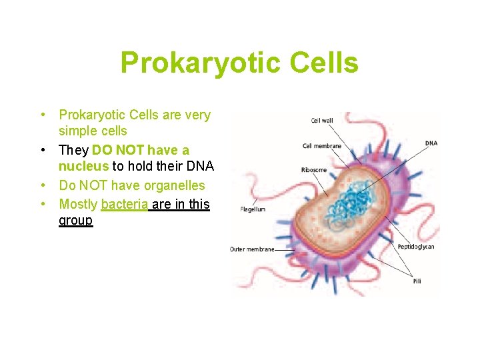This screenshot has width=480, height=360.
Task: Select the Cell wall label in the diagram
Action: pyautogui.click(x=322, y=121)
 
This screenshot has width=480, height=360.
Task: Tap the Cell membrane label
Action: pyautogui.click(x=321, y=146)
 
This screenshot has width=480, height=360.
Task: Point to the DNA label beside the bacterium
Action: pyautogui.click(x=431, y=143)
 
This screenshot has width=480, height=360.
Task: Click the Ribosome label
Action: pyautogui.click(x=314, y=170)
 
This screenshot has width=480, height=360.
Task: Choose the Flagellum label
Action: pyautogui.click(x=253, y=209)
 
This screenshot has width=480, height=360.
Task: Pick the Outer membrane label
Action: pyautogui.click(x=252, y=249)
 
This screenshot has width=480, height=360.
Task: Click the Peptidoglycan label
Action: pyautogui.click(x=416, y=247)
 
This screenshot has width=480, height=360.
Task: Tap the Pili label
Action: pyautogui.click(x=417, y=281)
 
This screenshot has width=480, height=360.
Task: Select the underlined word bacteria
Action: pyautogui.click(x=124, y=205)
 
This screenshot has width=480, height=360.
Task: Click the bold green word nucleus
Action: pyautogui.click(x=83, y=167)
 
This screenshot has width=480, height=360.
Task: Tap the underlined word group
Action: pyautogui.click(x=75, y=220)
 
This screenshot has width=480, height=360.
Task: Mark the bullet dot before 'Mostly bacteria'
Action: pyautogui.click(x=43, y=203)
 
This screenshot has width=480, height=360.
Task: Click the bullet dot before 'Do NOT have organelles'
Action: pyautogui.click(x=43, y=185)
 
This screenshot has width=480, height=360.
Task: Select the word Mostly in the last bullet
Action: pyautogui.click(x=78, y=205)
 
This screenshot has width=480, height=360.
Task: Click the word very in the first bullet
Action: pyautogui.click(x=197, y=115)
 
